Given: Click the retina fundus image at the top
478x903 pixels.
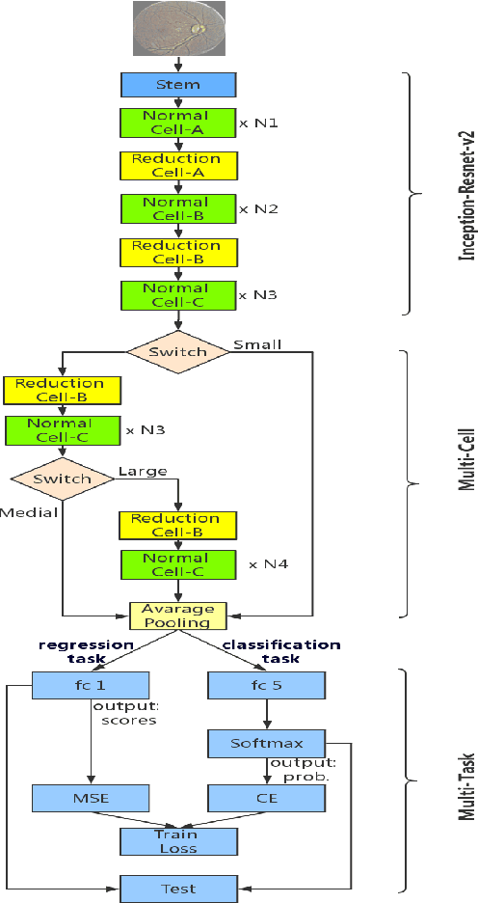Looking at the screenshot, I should [177, 27].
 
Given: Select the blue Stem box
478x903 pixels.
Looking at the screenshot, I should [177, 84].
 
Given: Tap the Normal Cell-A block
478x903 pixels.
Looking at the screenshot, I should [177, 122].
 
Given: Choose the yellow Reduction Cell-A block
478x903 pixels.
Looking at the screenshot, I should [177, 165].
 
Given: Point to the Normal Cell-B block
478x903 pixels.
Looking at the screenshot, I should [177, 208].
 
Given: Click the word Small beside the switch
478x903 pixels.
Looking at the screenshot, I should [256, 344].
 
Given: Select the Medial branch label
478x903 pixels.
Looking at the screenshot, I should [29, 511].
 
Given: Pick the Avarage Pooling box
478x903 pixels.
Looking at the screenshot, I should [177, 616].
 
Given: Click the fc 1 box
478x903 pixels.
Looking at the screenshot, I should [91, 686].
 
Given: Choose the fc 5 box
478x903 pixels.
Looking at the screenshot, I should [266, 686].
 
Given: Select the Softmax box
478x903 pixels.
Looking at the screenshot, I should [266, 743].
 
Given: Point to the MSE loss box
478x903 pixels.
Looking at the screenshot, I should [91, 798].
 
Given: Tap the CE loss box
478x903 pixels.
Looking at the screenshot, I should [266, 798].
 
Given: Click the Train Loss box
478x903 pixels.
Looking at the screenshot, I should [177, 841].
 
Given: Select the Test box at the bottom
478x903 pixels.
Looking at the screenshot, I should [177, 888].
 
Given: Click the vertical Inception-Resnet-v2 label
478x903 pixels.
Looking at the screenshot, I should [467, 193].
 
